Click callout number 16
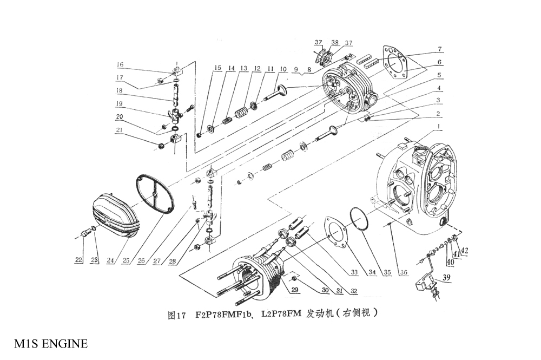[x=120, y=65]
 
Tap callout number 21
[x=120, y=130]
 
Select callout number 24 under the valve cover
[x=110, y=260]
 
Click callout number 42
[x=464, y=250]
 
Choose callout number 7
[x=440, y=49]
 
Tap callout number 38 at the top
[x=335, y=43]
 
